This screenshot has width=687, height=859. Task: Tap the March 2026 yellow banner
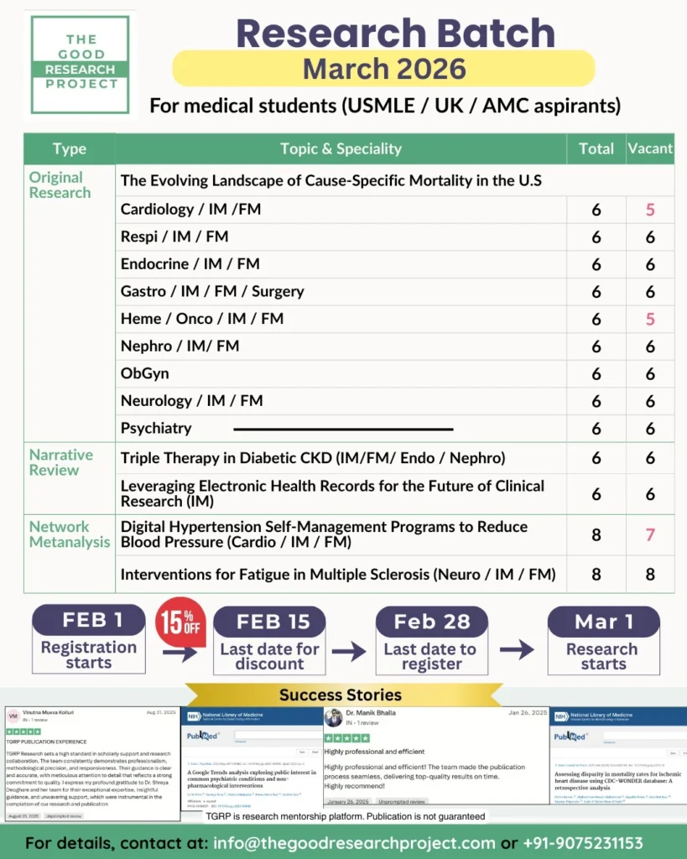(383, 68)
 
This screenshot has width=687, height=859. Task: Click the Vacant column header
(650, 148)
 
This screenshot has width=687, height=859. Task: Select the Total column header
(596, 148)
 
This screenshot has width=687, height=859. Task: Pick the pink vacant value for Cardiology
(650, 210)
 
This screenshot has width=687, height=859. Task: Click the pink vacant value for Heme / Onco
(650, 319)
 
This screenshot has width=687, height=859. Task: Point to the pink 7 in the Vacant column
(650, 535)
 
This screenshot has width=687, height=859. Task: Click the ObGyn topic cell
(144, 373)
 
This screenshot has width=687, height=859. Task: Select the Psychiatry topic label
(156, 428)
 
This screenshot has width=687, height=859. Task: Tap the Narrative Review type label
(61, 462)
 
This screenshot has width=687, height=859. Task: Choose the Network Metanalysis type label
(70, 534)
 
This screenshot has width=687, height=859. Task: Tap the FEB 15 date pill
(269, 622)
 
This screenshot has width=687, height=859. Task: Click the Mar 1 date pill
(603, 622)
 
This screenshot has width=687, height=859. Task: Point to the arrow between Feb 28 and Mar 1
(517, 649)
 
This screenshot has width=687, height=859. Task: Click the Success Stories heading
(341, 695)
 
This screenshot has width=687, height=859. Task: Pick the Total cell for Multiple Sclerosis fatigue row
(596, 575)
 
